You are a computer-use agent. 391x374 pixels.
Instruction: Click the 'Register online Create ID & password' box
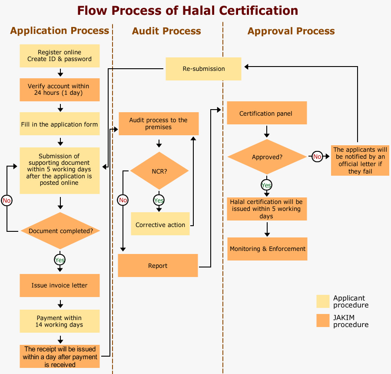[60, 56]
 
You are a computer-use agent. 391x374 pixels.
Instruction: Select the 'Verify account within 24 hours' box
[60, 90]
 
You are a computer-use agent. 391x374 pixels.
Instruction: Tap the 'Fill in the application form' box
[60, 124]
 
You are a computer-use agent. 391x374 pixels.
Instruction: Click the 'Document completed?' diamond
[60, 230]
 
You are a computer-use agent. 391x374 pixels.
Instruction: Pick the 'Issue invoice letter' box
[60, 285]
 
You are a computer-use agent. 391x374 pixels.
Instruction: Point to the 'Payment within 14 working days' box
[60, 321]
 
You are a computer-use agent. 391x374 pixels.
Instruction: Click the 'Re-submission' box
[203, 69]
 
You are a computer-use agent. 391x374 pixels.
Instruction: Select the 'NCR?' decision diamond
[159, 171]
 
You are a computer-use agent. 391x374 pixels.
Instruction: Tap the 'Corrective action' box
[160, 224]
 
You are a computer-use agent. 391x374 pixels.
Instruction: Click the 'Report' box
[158, 265]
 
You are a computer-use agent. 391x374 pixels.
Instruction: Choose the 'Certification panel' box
[267, 113]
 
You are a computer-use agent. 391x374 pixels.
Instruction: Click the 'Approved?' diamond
[267, 157]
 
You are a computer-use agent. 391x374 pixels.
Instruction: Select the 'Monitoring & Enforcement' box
[267, 249]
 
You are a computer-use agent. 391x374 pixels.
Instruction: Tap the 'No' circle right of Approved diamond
[317, 157]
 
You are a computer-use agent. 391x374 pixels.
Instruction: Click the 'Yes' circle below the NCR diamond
[159, 200]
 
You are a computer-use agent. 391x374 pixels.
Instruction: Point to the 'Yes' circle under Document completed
[60, 260]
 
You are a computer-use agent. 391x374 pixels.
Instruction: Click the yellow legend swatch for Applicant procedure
[323, 301]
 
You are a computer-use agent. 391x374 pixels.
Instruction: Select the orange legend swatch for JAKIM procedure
[323, 321]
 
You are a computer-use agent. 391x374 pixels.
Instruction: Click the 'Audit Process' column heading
[166, 31]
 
